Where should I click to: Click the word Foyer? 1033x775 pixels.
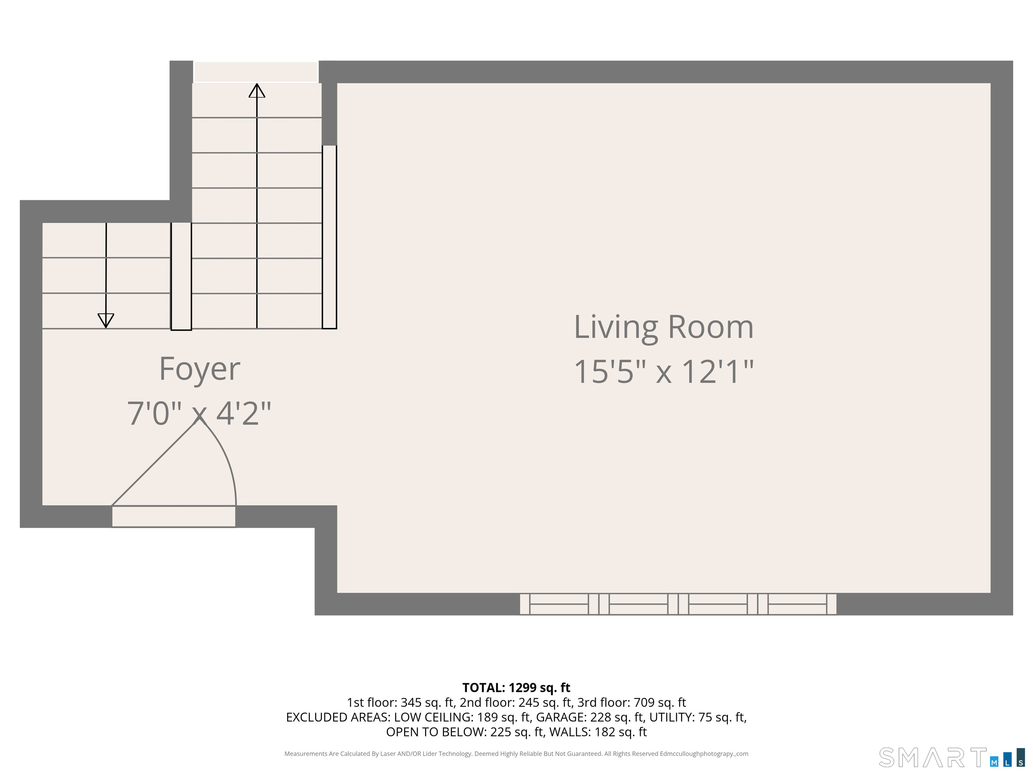tap(199, 369)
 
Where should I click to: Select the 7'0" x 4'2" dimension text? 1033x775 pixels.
tap(199, 413)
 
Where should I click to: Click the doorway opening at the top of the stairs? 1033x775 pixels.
tap(256, 72)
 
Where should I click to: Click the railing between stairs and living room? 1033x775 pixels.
tap(329, 237)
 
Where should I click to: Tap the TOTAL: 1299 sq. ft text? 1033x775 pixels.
tap(516, 688)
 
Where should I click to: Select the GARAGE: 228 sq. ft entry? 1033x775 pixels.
tap(589, 717)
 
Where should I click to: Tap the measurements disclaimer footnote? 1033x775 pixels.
tap(516, 753)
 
